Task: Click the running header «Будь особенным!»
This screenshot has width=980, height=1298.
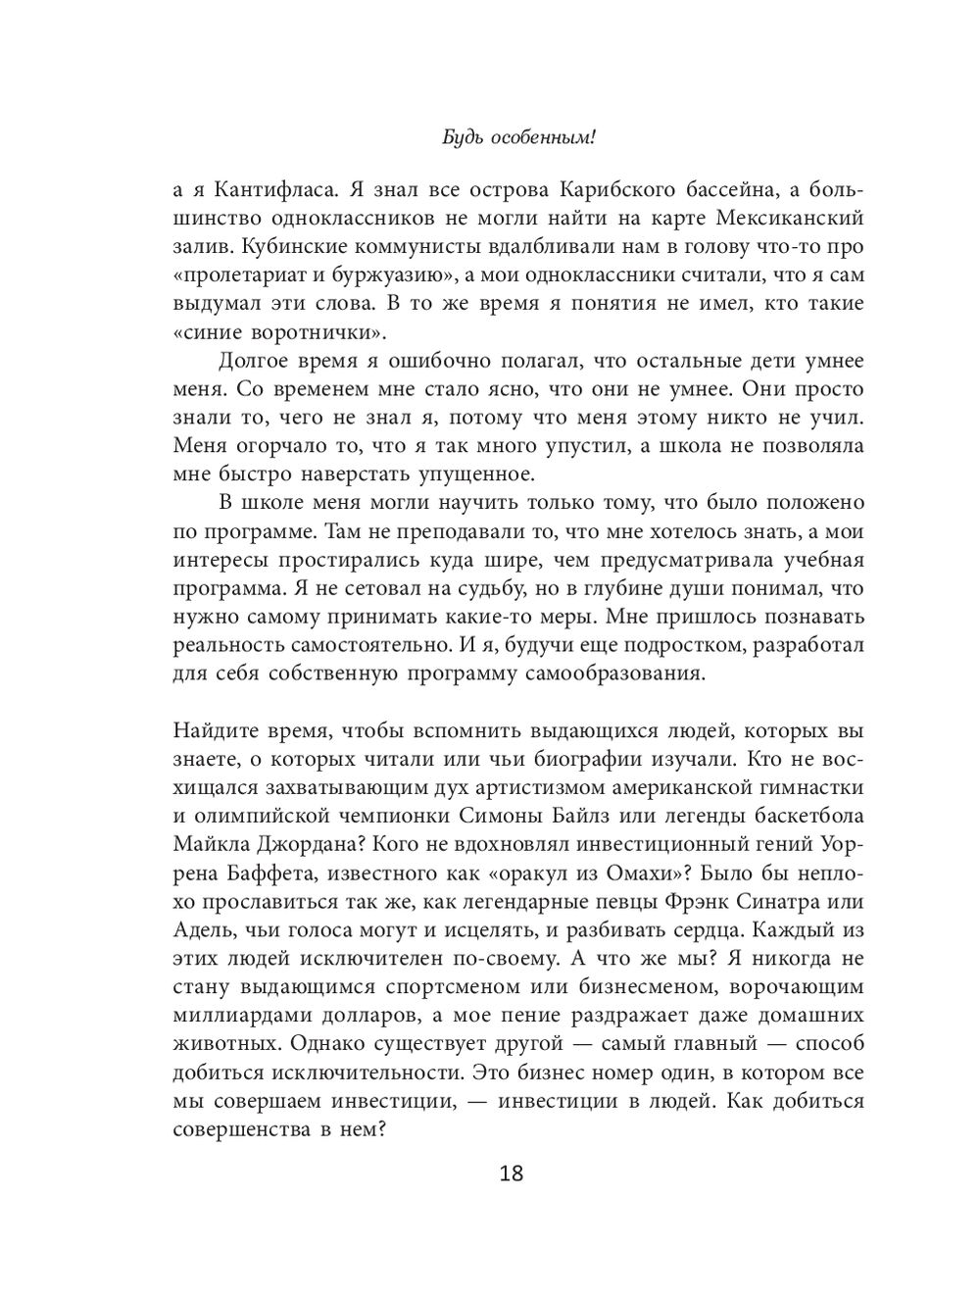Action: (x=518, y=137)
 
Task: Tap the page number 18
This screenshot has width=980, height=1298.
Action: (x=511, y=1173)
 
